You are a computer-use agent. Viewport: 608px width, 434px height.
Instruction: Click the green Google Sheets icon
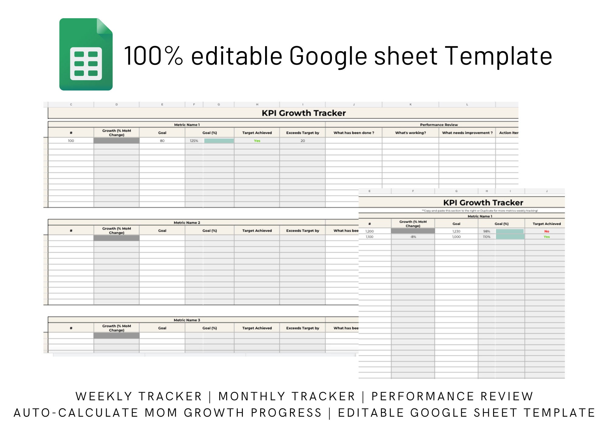click(x=86, y=54)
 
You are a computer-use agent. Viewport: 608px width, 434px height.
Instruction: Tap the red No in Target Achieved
click(x=547, y=231)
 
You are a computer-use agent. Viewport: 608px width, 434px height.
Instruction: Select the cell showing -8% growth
click(x=413, y=237)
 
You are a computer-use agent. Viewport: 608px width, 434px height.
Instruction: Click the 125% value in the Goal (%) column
click(x=194, y=141)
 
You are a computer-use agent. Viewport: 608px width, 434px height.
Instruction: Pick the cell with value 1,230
click(x=456, y=231)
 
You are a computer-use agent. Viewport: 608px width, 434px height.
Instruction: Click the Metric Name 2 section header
click(x=187, y=223)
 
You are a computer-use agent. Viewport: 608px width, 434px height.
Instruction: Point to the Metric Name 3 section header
click(x=187, y=320)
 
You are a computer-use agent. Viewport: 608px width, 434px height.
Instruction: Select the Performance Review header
click(x=439, y=125)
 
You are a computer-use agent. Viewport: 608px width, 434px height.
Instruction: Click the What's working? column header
click(x=410, y=133)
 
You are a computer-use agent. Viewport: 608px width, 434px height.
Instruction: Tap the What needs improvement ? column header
click(x=467, y=133)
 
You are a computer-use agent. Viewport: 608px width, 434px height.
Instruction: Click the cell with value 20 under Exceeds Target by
click(x=302, y=141)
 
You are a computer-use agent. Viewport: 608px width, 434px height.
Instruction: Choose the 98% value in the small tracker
click(x=487, y=231)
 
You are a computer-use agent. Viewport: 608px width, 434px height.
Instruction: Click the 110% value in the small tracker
click(x=487, y=237)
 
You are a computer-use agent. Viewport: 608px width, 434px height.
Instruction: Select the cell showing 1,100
click(x=369, y=237)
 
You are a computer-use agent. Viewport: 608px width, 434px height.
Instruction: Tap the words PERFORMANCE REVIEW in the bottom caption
click(x=452, y=396)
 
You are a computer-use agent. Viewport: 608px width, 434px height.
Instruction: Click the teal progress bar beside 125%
click(x=219, y=141)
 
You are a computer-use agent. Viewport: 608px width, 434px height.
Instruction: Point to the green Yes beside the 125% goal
click(x=257, y=141)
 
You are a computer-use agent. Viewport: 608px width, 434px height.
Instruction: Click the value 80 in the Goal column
click(x=162, y=141)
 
